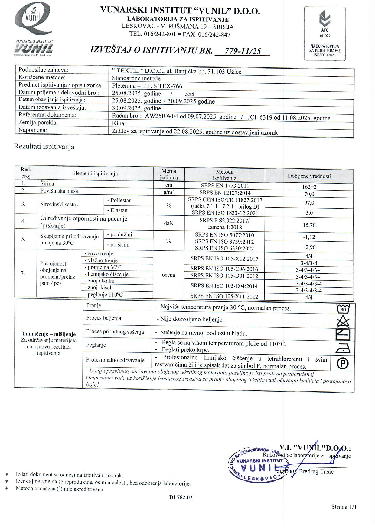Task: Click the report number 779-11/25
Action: [243, 51]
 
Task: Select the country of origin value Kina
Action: [118, 123]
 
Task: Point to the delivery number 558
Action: [190, 94]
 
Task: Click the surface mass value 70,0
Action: [309, 194]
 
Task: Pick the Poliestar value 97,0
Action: [309, 203]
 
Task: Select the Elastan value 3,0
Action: [309, 213]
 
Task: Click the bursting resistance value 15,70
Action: [309, 225]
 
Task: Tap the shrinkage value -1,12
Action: [309, 237]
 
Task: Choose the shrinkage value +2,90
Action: [309, 247]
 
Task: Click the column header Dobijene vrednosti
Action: [309, 176]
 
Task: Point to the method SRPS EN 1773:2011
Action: [224, 186]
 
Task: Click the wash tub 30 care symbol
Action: [343, 309]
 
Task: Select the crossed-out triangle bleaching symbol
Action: [343, 322]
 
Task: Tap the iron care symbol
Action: [343, 349]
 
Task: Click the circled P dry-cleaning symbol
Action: [343, 363]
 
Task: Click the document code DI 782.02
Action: [181, 497]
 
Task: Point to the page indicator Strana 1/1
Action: [344, 507]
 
